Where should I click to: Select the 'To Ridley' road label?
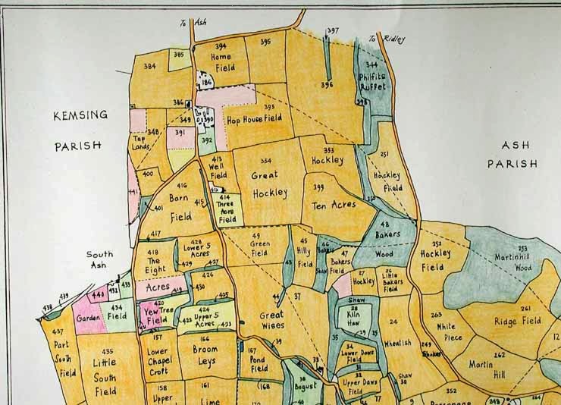383,39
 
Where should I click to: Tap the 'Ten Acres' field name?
334,205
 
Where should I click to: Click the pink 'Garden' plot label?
89,319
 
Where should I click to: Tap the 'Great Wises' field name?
271,320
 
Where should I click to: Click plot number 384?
149,67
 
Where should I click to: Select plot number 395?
265,42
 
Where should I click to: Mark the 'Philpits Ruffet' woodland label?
372,81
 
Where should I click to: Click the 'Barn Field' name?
180,207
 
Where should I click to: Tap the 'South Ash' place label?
99,260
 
